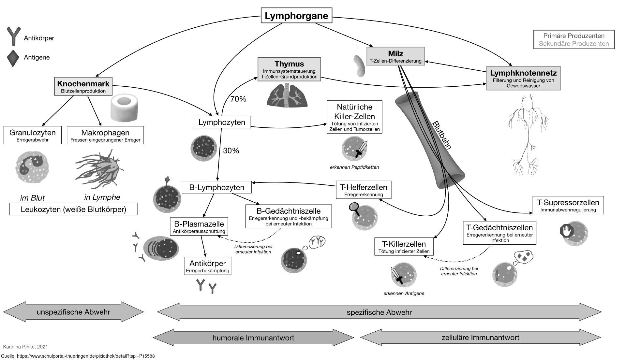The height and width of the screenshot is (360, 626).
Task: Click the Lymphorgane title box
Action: point(296,16)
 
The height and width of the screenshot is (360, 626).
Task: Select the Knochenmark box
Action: point(83,86)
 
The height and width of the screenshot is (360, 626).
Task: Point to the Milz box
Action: point(395,56)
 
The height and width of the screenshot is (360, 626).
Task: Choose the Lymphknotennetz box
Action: point(523,78)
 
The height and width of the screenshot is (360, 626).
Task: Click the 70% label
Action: point(238,99)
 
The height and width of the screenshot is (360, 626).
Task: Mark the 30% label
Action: point(231,151)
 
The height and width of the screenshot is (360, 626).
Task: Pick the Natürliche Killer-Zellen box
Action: point(354,117)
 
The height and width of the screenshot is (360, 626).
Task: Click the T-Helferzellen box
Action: point(364,190)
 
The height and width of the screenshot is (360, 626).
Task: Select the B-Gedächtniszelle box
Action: point(289,216)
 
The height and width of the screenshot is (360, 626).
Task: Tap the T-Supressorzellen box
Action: point(568,205)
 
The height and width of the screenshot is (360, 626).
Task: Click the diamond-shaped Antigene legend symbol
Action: point(13,58)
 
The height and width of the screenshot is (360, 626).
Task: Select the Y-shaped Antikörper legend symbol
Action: point(13,36)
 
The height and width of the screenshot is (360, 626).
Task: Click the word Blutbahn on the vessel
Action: point(442,135)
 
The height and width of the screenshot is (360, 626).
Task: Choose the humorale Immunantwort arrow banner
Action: point(253,338)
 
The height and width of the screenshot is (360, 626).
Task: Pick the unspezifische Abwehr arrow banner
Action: point(73,312)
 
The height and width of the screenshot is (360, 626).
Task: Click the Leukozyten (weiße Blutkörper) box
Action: point(73,209)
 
